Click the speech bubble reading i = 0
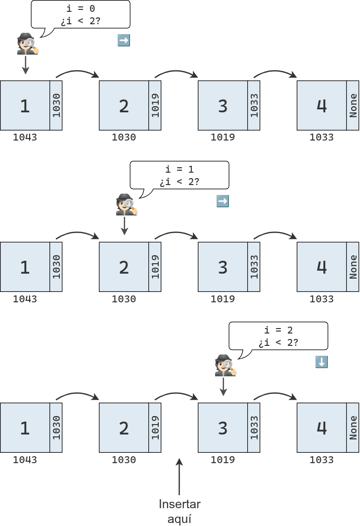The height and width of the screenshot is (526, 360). click(x=81, y=14)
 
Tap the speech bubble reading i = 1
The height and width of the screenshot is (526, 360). click(x=180, y=175)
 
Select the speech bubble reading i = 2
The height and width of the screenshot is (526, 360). click(x=278, y=336)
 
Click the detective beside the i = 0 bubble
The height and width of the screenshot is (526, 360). click(x=27, y=44)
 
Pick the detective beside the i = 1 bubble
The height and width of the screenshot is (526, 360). click(x=126, y=204)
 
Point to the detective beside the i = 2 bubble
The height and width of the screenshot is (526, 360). click(x=225, y=365)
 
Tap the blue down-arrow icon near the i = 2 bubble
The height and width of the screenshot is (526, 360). click(x=321, y=362)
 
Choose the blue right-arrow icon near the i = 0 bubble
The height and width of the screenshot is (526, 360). click(x=124, y=41)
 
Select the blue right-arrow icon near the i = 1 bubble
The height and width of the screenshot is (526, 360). click(x=223, y=201)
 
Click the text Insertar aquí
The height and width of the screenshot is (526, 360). click(x=180, y=511)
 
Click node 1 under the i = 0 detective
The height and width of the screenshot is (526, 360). click(x=25, y=105)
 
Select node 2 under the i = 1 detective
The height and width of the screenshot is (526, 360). click(x=124, y=267)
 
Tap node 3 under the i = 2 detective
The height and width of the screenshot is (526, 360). click(x=223, y=428)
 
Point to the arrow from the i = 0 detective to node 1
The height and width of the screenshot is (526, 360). click(x=25, y=65)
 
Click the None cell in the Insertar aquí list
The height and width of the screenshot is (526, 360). click(x=353, y=428)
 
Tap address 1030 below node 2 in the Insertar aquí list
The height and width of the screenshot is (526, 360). click(x=124, y=460)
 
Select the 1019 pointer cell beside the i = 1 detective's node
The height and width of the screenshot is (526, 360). click(x=155, y=267)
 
